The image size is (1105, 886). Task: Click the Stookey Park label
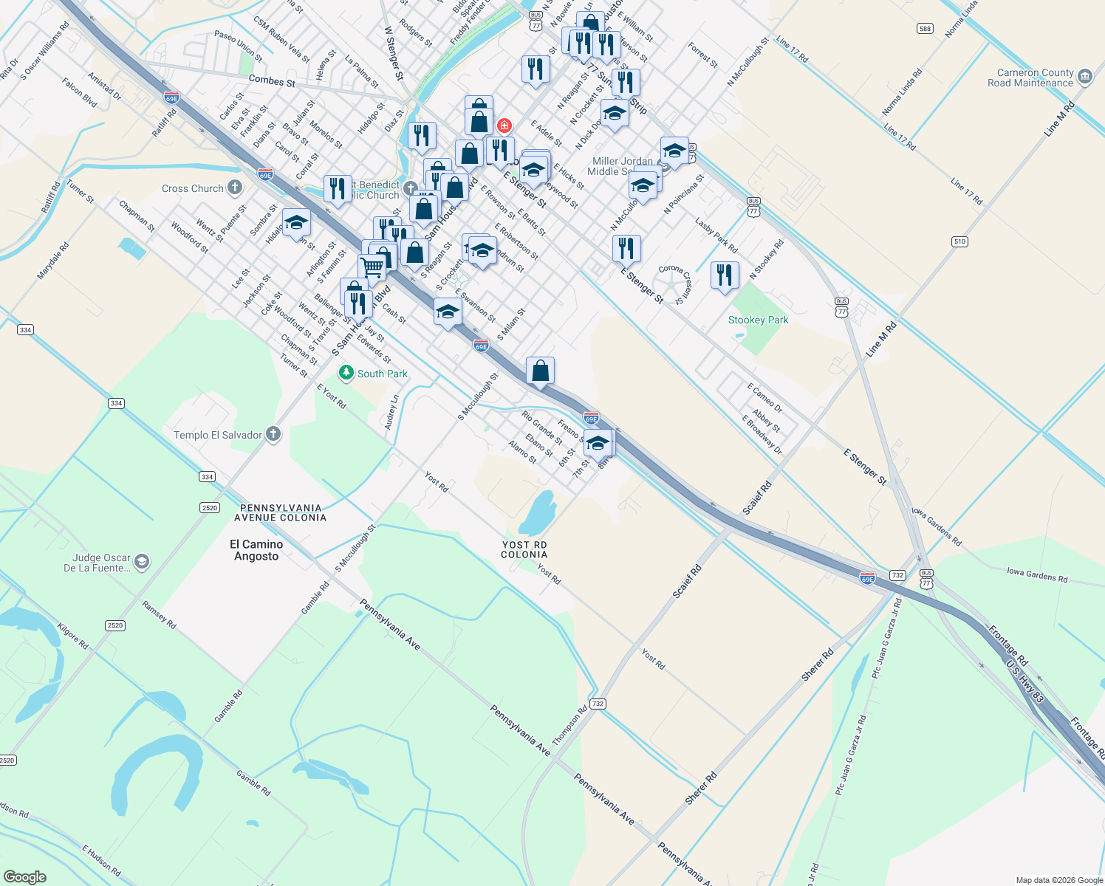758,320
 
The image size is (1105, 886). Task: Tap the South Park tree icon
346,374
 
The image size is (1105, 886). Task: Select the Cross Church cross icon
235,188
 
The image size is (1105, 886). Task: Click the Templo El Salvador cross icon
273,434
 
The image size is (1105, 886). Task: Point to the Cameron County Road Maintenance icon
1085,77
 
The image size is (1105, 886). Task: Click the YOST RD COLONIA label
524,549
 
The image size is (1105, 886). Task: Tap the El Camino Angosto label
256,550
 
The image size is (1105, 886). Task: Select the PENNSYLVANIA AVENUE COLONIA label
280,512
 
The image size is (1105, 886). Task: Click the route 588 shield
925,29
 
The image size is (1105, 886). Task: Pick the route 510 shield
959,241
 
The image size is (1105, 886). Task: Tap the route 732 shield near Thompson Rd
598,704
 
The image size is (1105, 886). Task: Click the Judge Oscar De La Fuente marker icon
142,563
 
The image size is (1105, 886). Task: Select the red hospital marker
504,126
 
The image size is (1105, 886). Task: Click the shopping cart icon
372,266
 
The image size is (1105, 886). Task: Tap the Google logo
24,876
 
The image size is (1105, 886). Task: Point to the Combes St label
272,80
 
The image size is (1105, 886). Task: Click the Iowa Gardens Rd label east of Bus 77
1038,574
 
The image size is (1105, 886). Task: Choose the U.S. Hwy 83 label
1025,680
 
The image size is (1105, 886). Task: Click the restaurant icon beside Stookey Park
725,275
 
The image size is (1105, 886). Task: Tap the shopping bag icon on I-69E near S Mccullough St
541,370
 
